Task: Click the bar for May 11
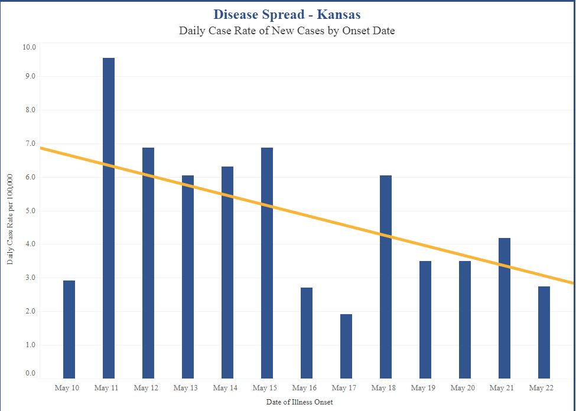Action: click(109, 218)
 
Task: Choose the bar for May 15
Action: click(267, 263)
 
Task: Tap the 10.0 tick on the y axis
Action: click(29, 47)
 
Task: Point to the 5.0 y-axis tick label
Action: click(29, 211)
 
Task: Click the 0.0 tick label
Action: click(29, 373)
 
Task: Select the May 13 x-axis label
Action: click(186, 388)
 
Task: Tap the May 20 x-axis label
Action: click(462, 388)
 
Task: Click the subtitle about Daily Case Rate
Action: click(287, 31)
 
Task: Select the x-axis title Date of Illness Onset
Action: click(300, 402)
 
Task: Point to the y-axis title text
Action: click(10, 219)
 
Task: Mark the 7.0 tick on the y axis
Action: click(29, 143)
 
